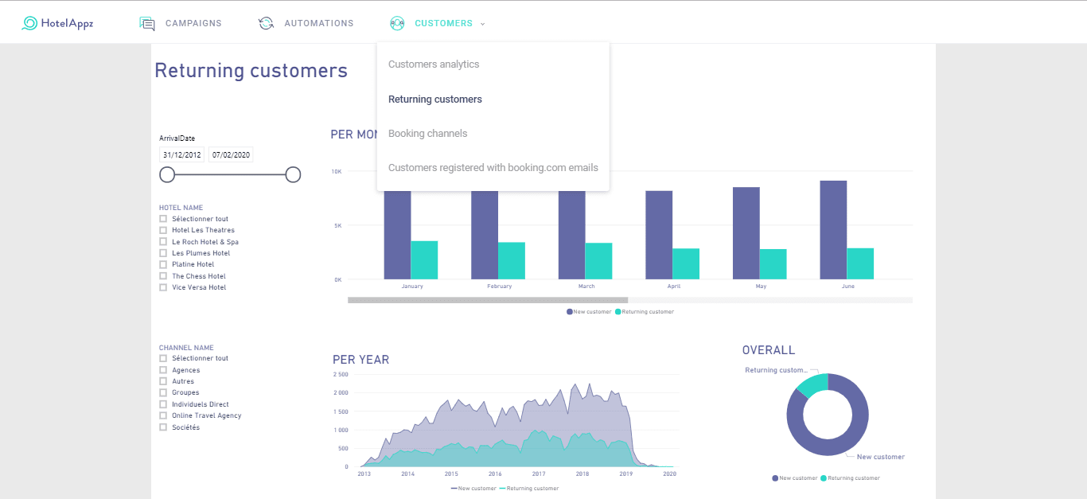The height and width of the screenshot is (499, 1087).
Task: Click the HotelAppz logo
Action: (58, 23)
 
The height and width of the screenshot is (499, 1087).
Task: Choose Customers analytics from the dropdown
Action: (434, 64)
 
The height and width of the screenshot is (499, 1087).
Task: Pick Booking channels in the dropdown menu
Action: (427, 134)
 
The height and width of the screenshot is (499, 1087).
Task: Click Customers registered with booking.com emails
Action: (493, 167)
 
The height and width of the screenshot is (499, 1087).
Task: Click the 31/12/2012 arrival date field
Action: (182, 155)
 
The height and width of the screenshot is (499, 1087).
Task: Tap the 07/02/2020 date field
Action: (231, 155)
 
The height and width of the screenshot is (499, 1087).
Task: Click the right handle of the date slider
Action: (293, 175)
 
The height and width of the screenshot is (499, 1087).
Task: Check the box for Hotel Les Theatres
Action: (163, 230)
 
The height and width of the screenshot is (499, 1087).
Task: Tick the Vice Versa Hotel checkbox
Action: (163, 287)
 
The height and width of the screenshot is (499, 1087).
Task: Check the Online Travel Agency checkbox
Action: (163, 415)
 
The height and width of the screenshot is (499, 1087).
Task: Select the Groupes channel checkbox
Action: (163, 392)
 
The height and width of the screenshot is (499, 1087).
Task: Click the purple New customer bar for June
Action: (833, 230)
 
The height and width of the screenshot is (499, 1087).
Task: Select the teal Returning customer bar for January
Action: (424, 260)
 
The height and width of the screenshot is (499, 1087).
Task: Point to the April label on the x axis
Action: (673, 287)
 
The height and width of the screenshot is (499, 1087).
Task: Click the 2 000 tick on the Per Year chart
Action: (341, 392)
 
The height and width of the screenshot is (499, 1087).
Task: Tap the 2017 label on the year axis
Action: (539, 474)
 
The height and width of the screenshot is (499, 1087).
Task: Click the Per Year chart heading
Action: (360, 360)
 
